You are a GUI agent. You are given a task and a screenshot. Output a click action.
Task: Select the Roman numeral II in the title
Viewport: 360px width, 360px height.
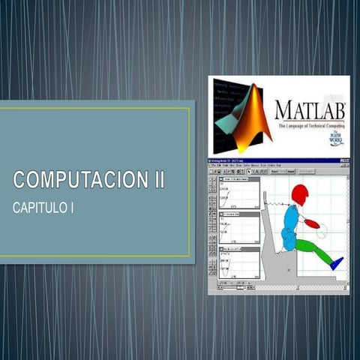click(155, 181)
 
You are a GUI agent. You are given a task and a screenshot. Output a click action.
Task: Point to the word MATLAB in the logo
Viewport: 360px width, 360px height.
click(310, 110)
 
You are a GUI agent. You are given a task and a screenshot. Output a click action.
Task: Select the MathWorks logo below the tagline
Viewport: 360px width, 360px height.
click(336, 139)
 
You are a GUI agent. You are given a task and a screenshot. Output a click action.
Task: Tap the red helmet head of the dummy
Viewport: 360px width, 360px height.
click(300, 195)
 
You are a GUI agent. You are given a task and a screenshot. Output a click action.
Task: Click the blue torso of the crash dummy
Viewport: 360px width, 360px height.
click(291, 220)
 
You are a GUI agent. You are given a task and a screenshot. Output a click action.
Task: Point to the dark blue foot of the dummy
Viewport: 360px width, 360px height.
click(337, 262)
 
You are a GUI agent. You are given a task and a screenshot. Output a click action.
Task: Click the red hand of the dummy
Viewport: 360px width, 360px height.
click(312, 223)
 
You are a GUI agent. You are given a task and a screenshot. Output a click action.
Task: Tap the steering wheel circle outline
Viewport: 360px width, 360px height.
click(322, 229)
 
